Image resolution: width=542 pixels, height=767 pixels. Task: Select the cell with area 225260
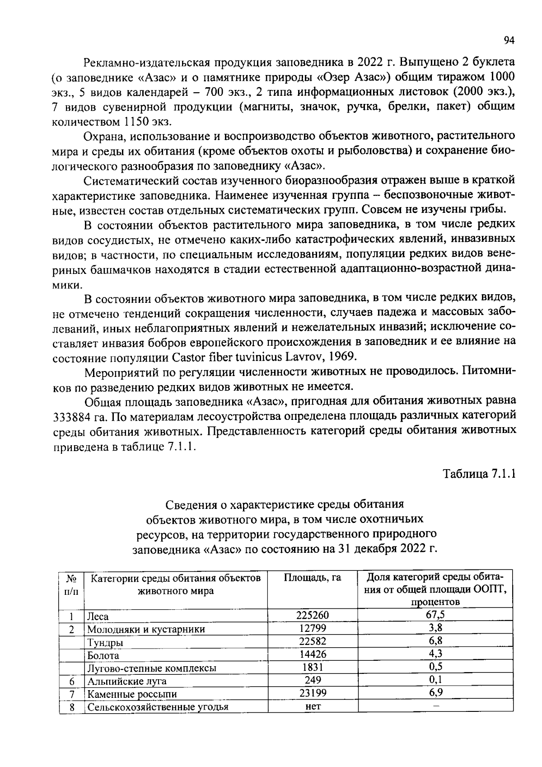pos(313,615)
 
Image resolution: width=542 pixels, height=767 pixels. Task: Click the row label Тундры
pos(105,642)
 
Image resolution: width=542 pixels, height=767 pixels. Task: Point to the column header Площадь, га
pos(313,578)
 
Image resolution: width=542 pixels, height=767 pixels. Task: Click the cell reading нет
pos(313,706)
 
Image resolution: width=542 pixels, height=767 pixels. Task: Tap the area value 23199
pos(313,692)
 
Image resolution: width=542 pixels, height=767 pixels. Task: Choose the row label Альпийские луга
pos(127,681)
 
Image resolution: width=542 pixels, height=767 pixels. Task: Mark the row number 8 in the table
pos(72,706)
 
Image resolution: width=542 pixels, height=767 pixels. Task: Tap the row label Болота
pos(103,655)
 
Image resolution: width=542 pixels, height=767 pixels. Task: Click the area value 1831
pos(313,667)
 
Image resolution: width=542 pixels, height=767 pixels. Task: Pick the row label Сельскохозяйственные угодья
pos(158,707)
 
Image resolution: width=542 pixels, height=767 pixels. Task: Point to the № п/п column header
pos(71,584)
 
